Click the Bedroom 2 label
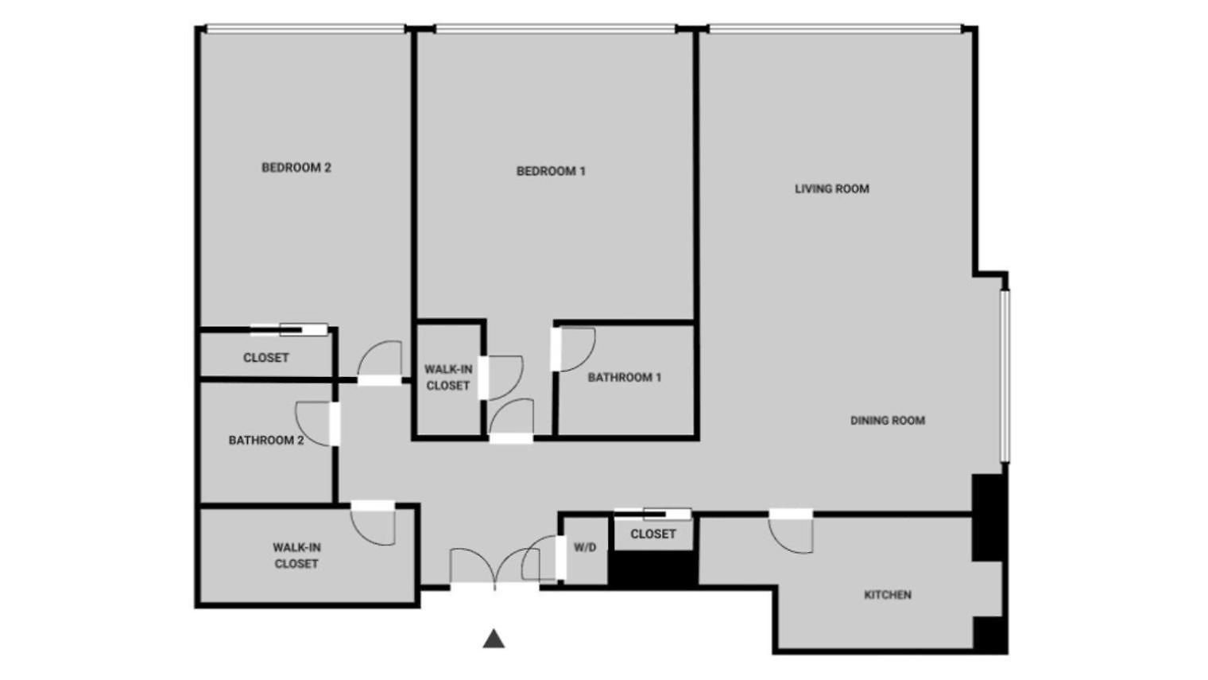[296, 168]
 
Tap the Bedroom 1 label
[551, 171]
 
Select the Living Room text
[831, 189]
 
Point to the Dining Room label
[888, 421]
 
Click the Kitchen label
[888, 595]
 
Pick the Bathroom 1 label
[624, 377]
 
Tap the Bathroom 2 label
[266, 441]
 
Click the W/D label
[585, 547]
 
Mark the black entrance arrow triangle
[494, 639]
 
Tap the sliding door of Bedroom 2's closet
[289, 329]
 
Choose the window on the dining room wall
[1005, 376]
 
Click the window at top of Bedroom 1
[555, 29]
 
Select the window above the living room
[835, 29]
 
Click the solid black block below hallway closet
[653, 569]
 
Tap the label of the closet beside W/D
[653, 534]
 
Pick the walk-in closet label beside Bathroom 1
[448, 378]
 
